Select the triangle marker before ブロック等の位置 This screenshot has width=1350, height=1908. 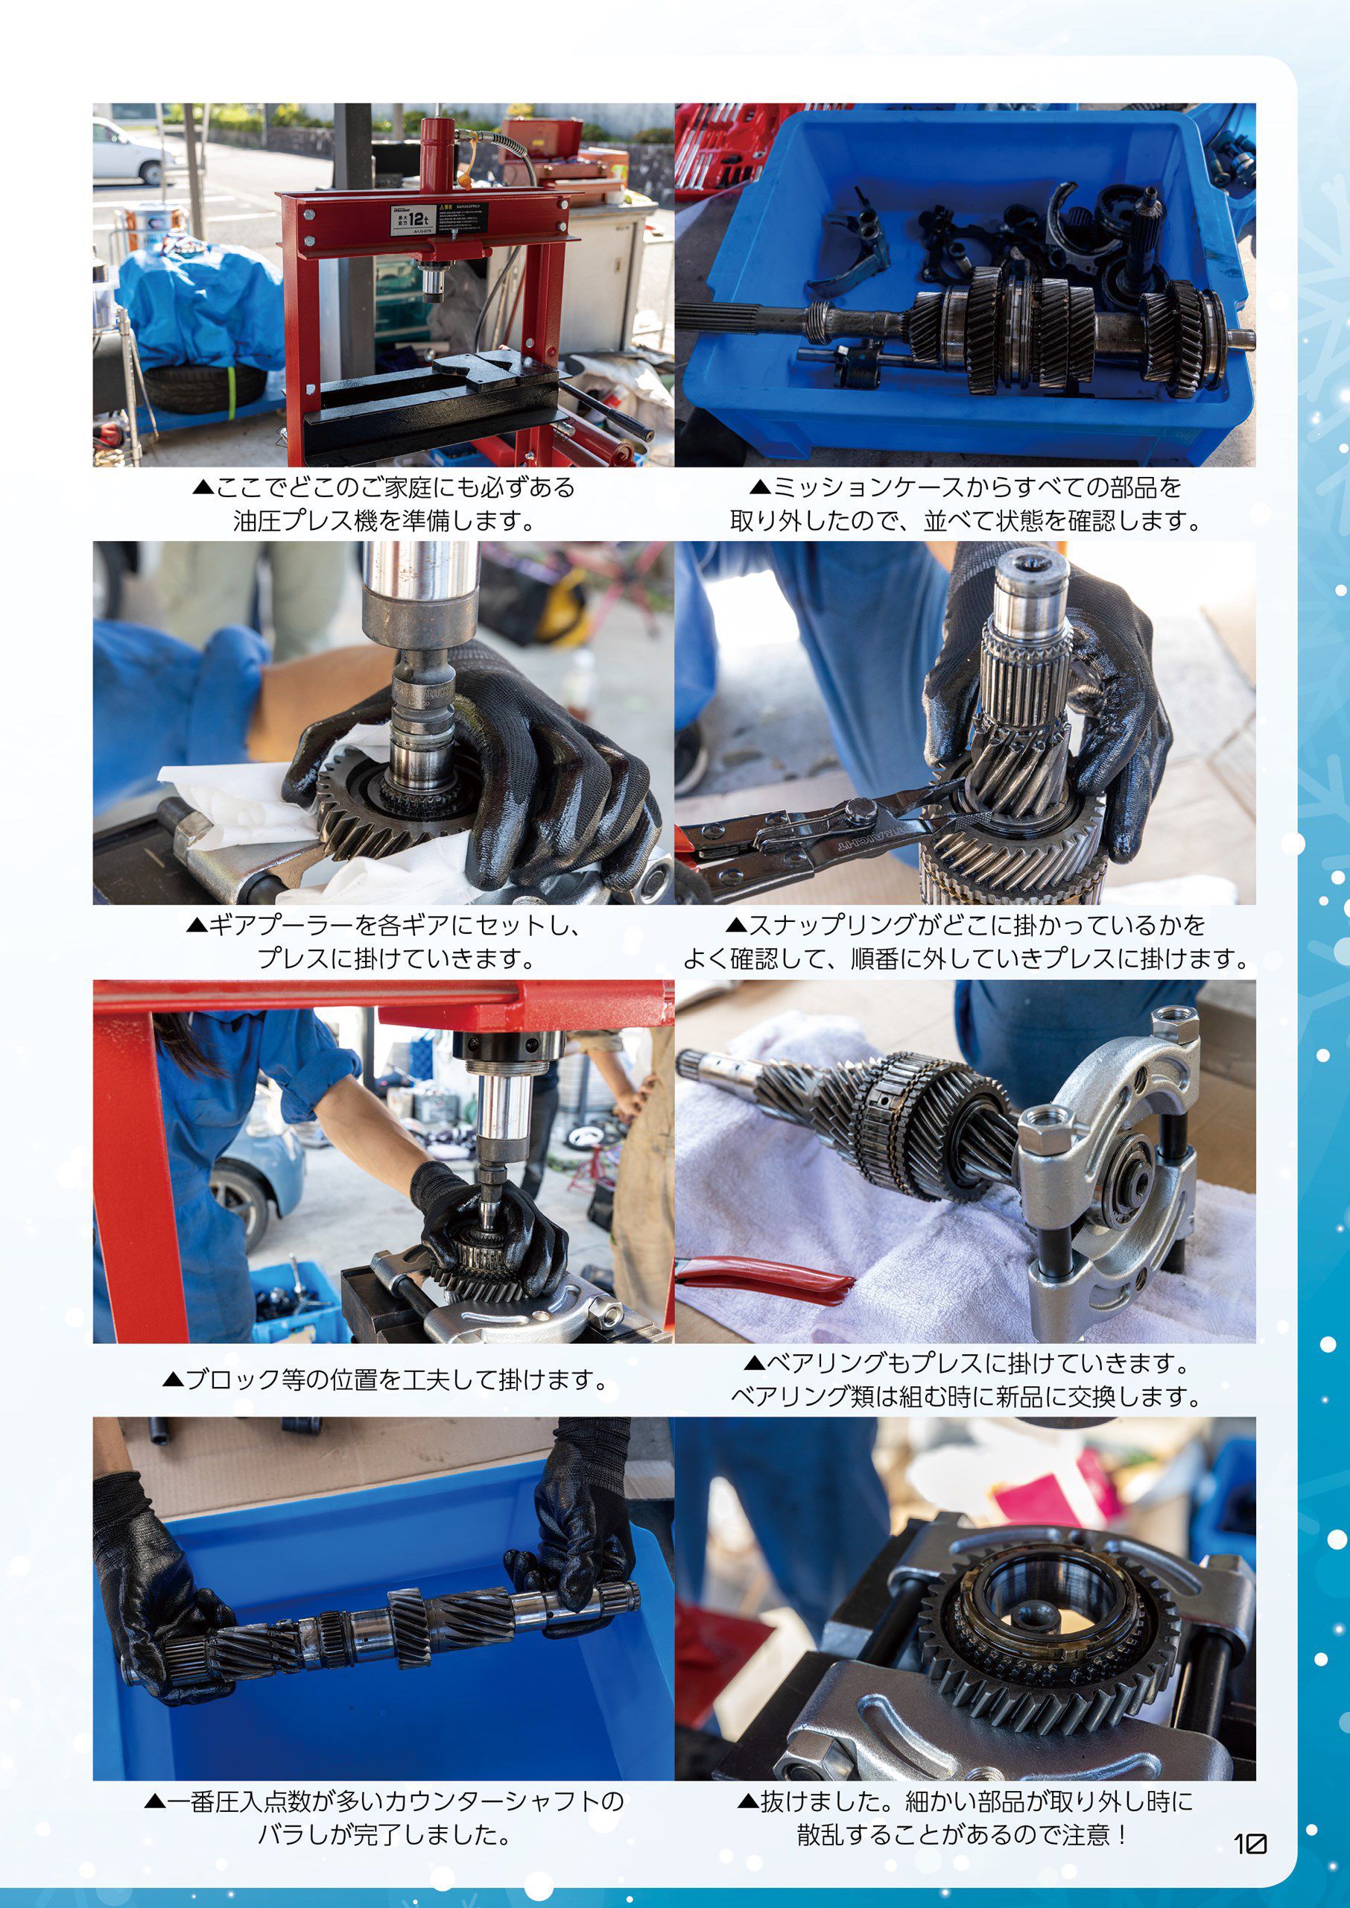tap(172, 1380)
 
